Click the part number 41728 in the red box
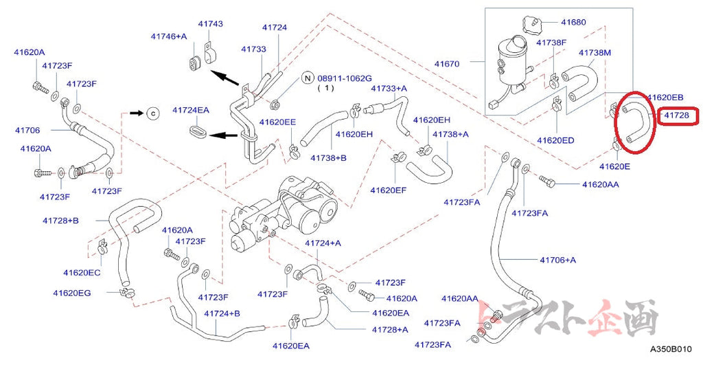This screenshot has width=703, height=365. [676, 115]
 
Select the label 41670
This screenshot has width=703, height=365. [446, 64]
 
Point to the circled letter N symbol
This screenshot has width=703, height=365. [307, 78]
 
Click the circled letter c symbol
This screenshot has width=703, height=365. [153, 113]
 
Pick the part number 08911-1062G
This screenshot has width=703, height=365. [345, 78]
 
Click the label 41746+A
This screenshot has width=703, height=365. [169, 36]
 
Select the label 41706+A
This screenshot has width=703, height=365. [557, 260]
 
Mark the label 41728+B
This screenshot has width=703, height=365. [60, 221]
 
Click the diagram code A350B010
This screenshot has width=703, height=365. [671, 349]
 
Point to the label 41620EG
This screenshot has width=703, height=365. [71, 293]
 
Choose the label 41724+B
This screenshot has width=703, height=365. [222, 313]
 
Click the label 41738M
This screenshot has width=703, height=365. [595, 52]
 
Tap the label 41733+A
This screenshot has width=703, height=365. [389, 89]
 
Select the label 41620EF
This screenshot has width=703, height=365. [389, 190]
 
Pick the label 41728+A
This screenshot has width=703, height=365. [390, 329]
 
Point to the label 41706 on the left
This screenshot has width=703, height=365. [27, 130]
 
